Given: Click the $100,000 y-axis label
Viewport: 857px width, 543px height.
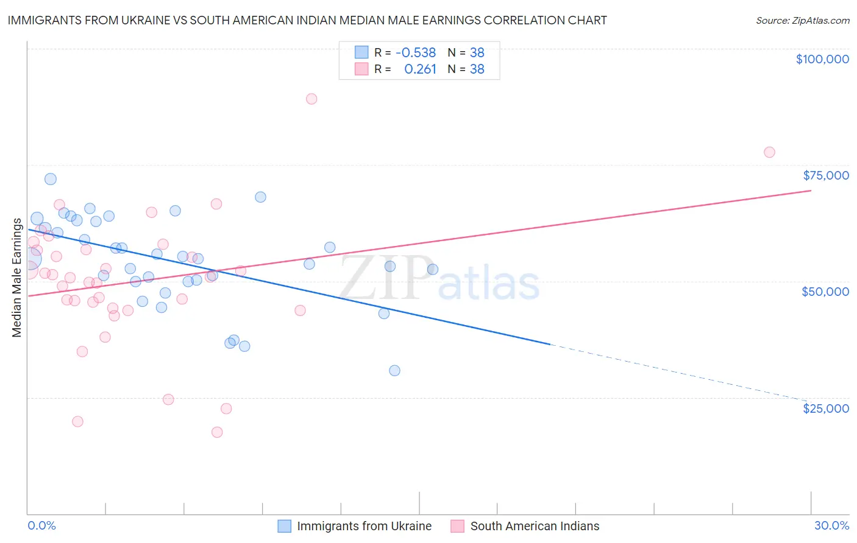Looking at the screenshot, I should point(822,59).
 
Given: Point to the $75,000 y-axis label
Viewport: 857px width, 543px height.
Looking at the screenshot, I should point(826,175).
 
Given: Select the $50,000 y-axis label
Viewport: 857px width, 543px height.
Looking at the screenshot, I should point(825,292).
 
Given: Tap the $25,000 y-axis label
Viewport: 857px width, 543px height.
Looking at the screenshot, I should point(826,408).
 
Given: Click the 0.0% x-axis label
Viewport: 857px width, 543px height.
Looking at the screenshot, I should point(41,525).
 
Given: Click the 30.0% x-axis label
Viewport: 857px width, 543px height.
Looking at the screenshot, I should point(831,525).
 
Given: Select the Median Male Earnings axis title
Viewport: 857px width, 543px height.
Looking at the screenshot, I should point(17,277).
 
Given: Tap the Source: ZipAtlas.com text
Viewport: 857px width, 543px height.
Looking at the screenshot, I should point(802,20).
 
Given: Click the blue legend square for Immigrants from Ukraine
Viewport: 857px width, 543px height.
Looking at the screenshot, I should point(285,526).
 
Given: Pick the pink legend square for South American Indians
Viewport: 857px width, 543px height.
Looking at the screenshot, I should point(458,526).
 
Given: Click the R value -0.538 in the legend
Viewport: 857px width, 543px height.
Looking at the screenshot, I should point(416,53).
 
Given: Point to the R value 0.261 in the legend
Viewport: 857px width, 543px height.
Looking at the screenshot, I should point(420,69).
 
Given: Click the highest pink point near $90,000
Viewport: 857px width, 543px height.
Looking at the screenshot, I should point(311,99).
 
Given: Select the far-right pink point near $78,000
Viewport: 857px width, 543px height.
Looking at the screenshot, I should point(769,152).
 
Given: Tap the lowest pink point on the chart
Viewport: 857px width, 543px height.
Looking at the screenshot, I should point(217,432).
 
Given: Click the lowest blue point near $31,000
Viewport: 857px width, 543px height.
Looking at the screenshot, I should point(394,371).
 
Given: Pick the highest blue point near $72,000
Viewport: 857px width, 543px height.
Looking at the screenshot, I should point(51,179).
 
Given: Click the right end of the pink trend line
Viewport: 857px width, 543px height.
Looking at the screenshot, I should point(811,191).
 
